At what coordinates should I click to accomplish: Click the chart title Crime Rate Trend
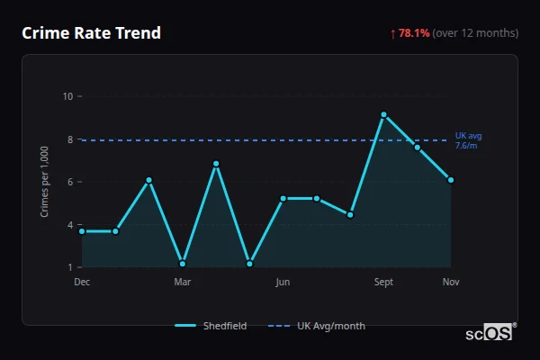(x=91, y=33)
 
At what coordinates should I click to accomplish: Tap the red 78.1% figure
(x=414, y=33)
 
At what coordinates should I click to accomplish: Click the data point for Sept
(x=383, y=114)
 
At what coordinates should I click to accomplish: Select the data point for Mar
(x=183, y=264)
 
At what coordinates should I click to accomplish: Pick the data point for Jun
(x=283, y=198)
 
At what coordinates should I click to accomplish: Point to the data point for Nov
(x=451, y=180)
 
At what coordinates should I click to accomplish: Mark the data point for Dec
(x=82, y=231)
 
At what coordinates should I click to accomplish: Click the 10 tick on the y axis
(x=67, y=96)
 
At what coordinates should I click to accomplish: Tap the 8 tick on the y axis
(x=69, y=139)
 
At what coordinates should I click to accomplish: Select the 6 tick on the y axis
(x=69, y=182)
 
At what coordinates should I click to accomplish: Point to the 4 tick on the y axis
(x=69, y=225)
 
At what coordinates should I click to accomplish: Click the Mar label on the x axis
(x=183, y=282)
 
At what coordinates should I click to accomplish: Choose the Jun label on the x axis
(x=283, y=282)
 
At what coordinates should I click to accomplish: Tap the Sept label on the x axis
(x=383, y=282)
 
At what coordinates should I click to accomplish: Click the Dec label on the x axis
(x=82, y=282)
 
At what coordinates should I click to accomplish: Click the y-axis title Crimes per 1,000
(x=45, y=182)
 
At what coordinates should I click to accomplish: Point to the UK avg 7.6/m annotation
(x=468, y=140)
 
